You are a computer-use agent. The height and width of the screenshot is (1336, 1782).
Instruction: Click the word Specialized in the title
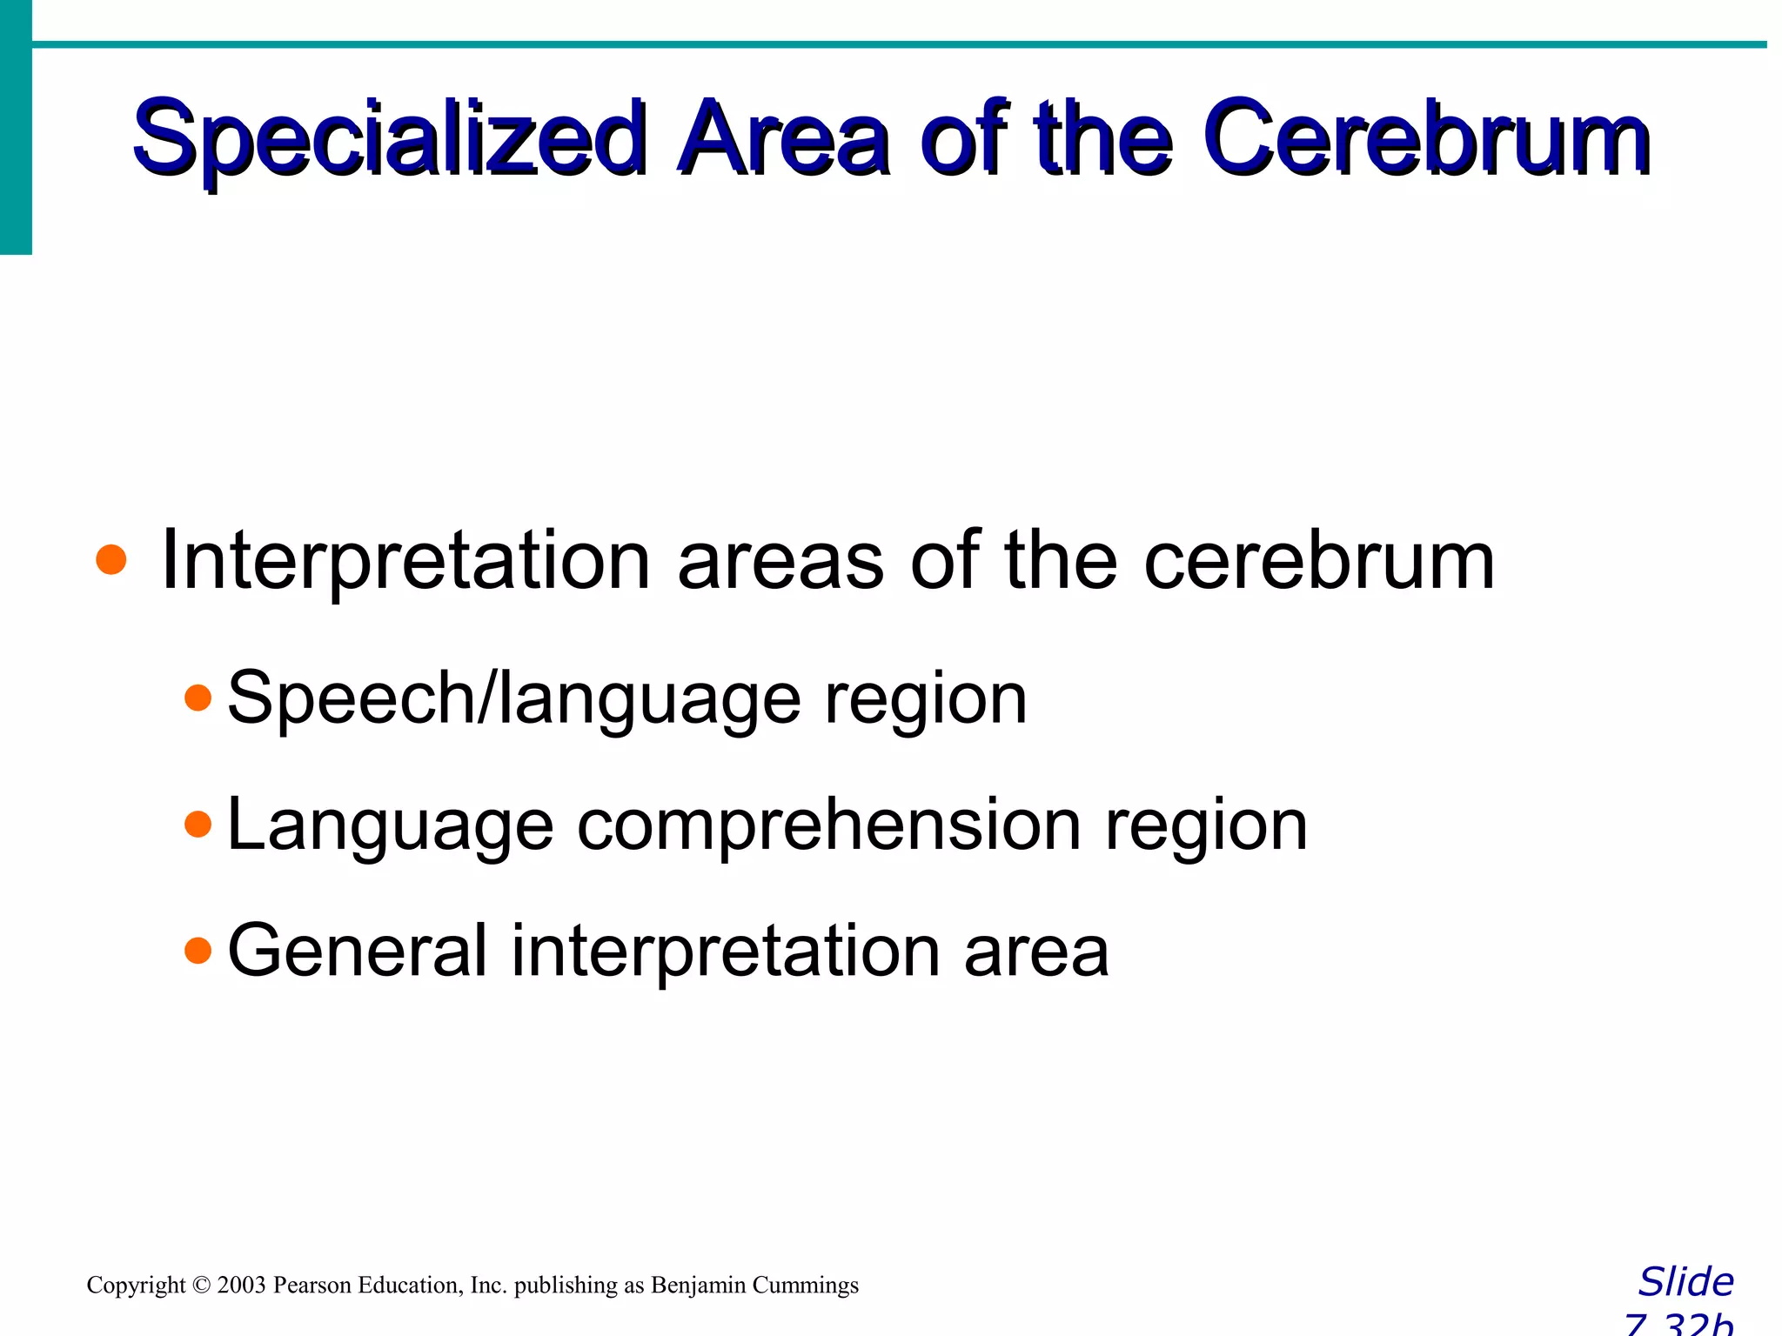[387, 139]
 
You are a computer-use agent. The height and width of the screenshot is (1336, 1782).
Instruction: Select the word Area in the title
[783, 139]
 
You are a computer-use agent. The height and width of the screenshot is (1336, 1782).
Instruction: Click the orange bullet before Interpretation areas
[111, 560]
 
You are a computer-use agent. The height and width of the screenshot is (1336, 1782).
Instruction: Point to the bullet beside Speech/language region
[198, 698]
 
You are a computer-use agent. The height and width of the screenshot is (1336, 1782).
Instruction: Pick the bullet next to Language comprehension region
[198, 824]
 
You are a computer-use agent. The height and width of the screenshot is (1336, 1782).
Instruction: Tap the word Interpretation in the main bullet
[405, 561]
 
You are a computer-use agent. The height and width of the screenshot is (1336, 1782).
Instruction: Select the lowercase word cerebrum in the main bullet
[1318, 561]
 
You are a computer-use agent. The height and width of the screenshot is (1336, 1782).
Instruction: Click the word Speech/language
[513, 698]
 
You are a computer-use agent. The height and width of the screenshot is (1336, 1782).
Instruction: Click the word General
[357, 950]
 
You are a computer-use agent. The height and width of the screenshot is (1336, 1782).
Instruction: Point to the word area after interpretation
[1035, 952]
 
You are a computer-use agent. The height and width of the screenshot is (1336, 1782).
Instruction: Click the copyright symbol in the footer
[202, 1286]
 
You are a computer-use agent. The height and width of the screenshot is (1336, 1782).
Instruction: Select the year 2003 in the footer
[241, 1286]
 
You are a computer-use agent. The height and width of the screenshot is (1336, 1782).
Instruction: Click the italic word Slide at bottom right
[1685, 1282]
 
